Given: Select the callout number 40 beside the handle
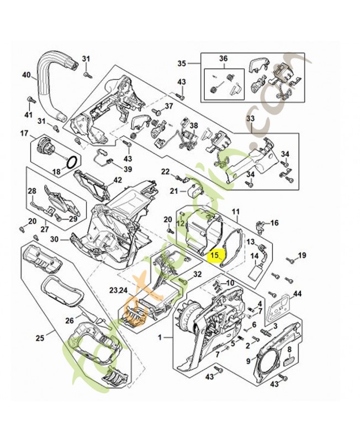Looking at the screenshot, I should [x=26, y=75].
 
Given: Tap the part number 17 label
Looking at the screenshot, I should [x=24, y=133].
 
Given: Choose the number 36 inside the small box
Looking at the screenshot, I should [x=224, y=59].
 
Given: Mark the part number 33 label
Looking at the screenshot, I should [x=250, y=119].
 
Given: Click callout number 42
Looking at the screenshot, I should [x=118, y=180].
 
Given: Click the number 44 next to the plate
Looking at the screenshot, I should [x=298, y=293].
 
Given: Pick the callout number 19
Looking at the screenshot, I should [x=301, y=255].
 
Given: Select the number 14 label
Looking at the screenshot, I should [x=255, y=256].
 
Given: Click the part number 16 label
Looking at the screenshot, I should [x=274, y=223].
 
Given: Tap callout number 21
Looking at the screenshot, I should [x=173, y=192].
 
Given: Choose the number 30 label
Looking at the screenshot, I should [x=55, y=239].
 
